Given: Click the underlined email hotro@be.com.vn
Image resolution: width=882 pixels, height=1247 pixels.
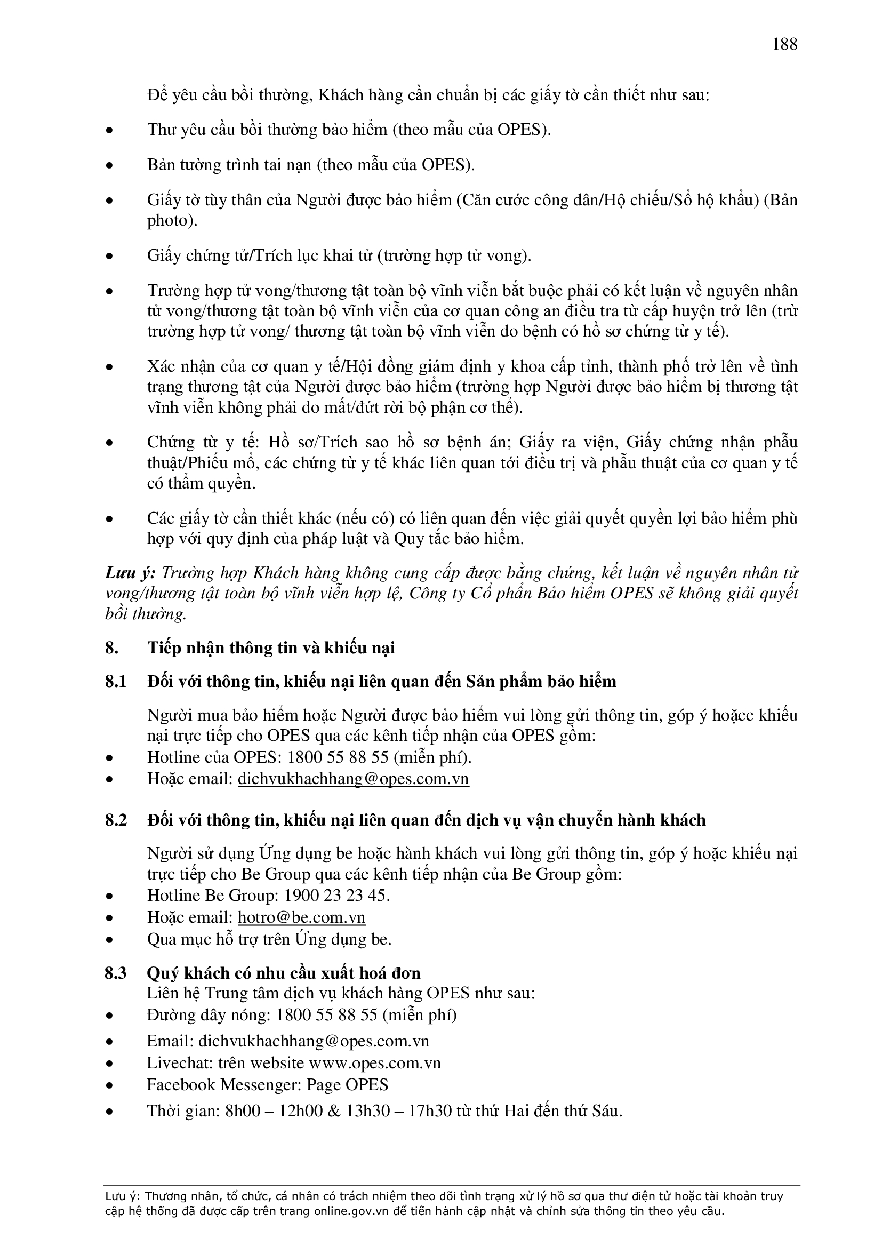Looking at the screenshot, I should pos(301,917).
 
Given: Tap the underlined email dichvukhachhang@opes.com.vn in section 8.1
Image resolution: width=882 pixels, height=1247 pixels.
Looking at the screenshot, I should pos(353,779).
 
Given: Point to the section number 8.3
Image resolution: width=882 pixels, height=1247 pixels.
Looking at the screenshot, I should pos(116,973).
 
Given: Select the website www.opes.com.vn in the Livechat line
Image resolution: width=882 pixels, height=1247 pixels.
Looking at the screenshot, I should pos(375,1063).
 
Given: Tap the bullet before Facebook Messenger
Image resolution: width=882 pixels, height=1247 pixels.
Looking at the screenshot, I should pos(110,1086).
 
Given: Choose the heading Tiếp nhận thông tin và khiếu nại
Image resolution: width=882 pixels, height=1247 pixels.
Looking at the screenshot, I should pos(270,648).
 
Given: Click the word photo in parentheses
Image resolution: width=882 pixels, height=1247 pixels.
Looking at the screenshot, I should pos(170,221).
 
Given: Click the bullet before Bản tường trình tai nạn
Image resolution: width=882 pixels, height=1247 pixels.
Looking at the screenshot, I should pos(110,166).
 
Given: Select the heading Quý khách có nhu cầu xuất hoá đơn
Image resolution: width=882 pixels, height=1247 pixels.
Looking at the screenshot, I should pos(284,973).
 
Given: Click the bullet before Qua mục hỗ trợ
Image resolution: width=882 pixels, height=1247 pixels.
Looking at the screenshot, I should pos(110,940).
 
